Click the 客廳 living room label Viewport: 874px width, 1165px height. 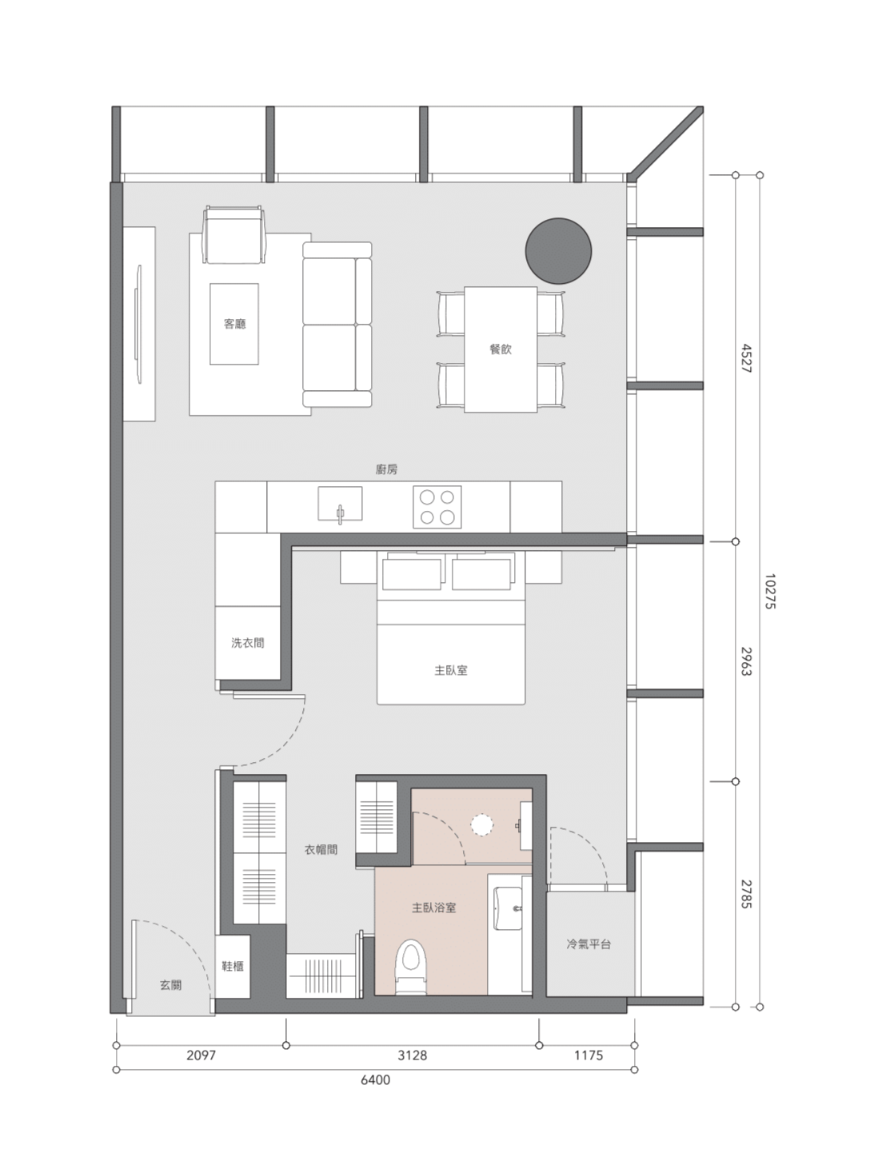coord(234,324)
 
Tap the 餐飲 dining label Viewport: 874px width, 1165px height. coord(501,349)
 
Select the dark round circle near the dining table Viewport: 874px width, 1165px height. coord(558,251)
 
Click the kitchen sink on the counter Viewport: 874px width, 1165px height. coord(340,504)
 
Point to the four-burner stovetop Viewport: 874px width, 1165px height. coord(437,507)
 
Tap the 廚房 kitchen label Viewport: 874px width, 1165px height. coord(386,469)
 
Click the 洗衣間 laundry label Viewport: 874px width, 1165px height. coord(248,643)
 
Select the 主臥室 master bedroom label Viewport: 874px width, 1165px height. coord(451,670)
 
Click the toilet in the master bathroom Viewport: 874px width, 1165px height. coord(412,967)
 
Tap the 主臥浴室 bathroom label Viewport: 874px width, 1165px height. coord(434,908)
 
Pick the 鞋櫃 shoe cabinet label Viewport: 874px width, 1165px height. coord(233,966)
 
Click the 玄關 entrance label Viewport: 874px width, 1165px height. coord(171,985)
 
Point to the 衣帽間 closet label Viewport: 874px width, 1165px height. coord(321,849)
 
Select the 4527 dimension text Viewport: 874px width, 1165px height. coord(747,358)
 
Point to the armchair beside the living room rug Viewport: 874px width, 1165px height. coord(233,234)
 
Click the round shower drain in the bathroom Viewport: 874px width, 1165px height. coord(482,825)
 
